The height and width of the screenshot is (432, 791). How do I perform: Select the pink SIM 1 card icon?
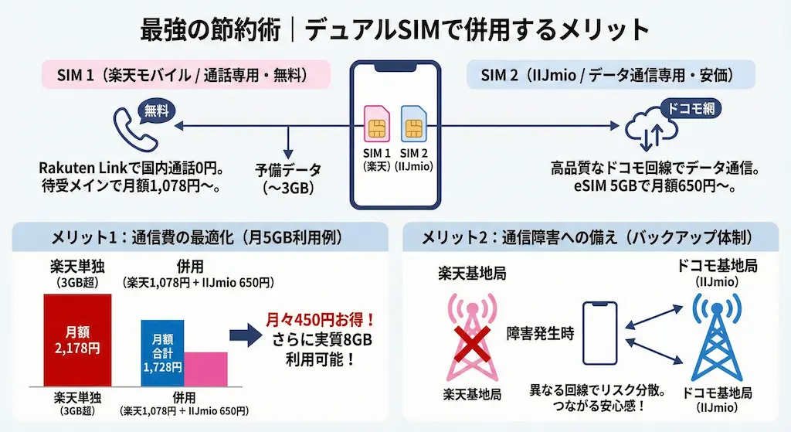tap(378, 123)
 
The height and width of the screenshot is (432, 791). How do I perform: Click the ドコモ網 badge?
tap(691, 109)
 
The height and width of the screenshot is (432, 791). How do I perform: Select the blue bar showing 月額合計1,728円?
tap(162, 353)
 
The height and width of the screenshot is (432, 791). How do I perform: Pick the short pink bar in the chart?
tap(206, 369)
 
